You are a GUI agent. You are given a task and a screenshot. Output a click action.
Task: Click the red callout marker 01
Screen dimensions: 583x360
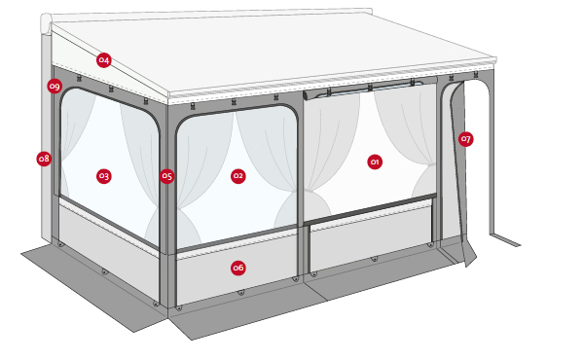(375, 162)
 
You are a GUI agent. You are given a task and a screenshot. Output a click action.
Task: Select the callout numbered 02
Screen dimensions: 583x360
(237, 176)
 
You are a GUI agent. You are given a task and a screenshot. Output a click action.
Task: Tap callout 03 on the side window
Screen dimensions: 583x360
(103, 176)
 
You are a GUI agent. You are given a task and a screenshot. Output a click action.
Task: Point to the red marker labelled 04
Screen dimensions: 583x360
(104, 60)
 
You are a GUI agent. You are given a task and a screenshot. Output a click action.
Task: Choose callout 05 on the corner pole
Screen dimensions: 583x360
(166, 176)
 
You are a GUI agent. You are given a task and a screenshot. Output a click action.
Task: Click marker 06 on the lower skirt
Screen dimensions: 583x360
(237, 268)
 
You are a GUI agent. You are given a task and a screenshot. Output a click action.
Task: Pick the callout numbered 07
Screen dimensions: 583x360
(465, 139)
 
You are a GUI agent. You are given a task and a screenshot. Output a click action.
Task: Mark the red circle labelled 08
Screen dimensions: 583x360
(44, 159)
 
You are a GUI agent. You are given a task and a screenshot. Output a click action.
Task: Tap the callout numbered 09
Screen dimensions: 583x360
(55, 87)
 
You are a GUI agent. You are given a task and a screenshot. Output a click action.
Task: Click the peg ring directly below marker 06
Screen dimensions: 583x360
(240, 292)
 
